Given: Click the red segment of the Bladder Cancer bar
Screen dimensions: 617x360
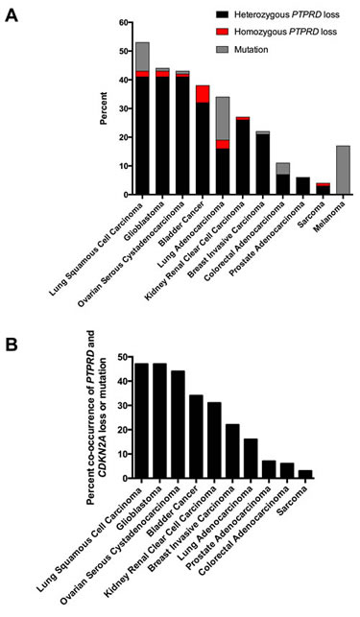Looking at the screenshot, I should pos(202,94).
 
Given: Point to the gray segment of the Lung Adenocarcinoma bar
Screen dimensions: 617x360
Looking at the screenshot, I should pos(223,118).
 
